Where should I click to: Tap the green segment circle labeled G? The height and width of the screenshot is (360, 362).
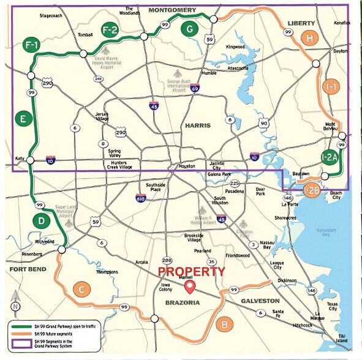190,28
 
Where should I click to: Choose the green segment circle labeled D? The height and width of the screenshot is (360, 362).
40,220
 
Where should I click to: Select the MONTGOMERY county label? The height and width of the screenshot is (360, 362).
172,10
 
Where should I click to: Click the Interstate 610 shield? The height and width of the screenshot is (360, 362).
141,198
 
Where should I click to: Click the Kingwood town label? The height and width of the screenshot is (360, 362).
235,47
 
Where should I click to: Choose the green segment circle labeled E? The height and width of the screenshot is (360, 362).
23,119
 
